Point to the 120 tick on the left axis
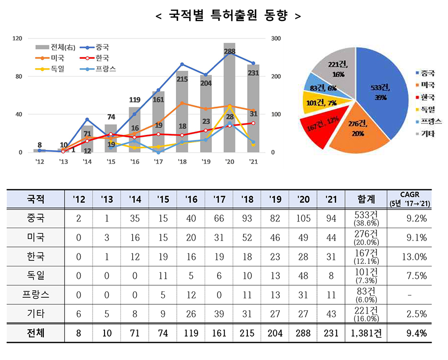point(18,38)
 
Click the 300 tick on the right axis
point(276,38)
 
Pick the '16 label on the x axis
point(134,162)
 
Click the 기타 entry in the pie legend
point(427,133)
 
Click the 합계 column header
point(366,200)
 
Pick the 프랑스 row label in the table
point(36,294)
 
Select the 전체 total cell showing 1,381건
point(366,333)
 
